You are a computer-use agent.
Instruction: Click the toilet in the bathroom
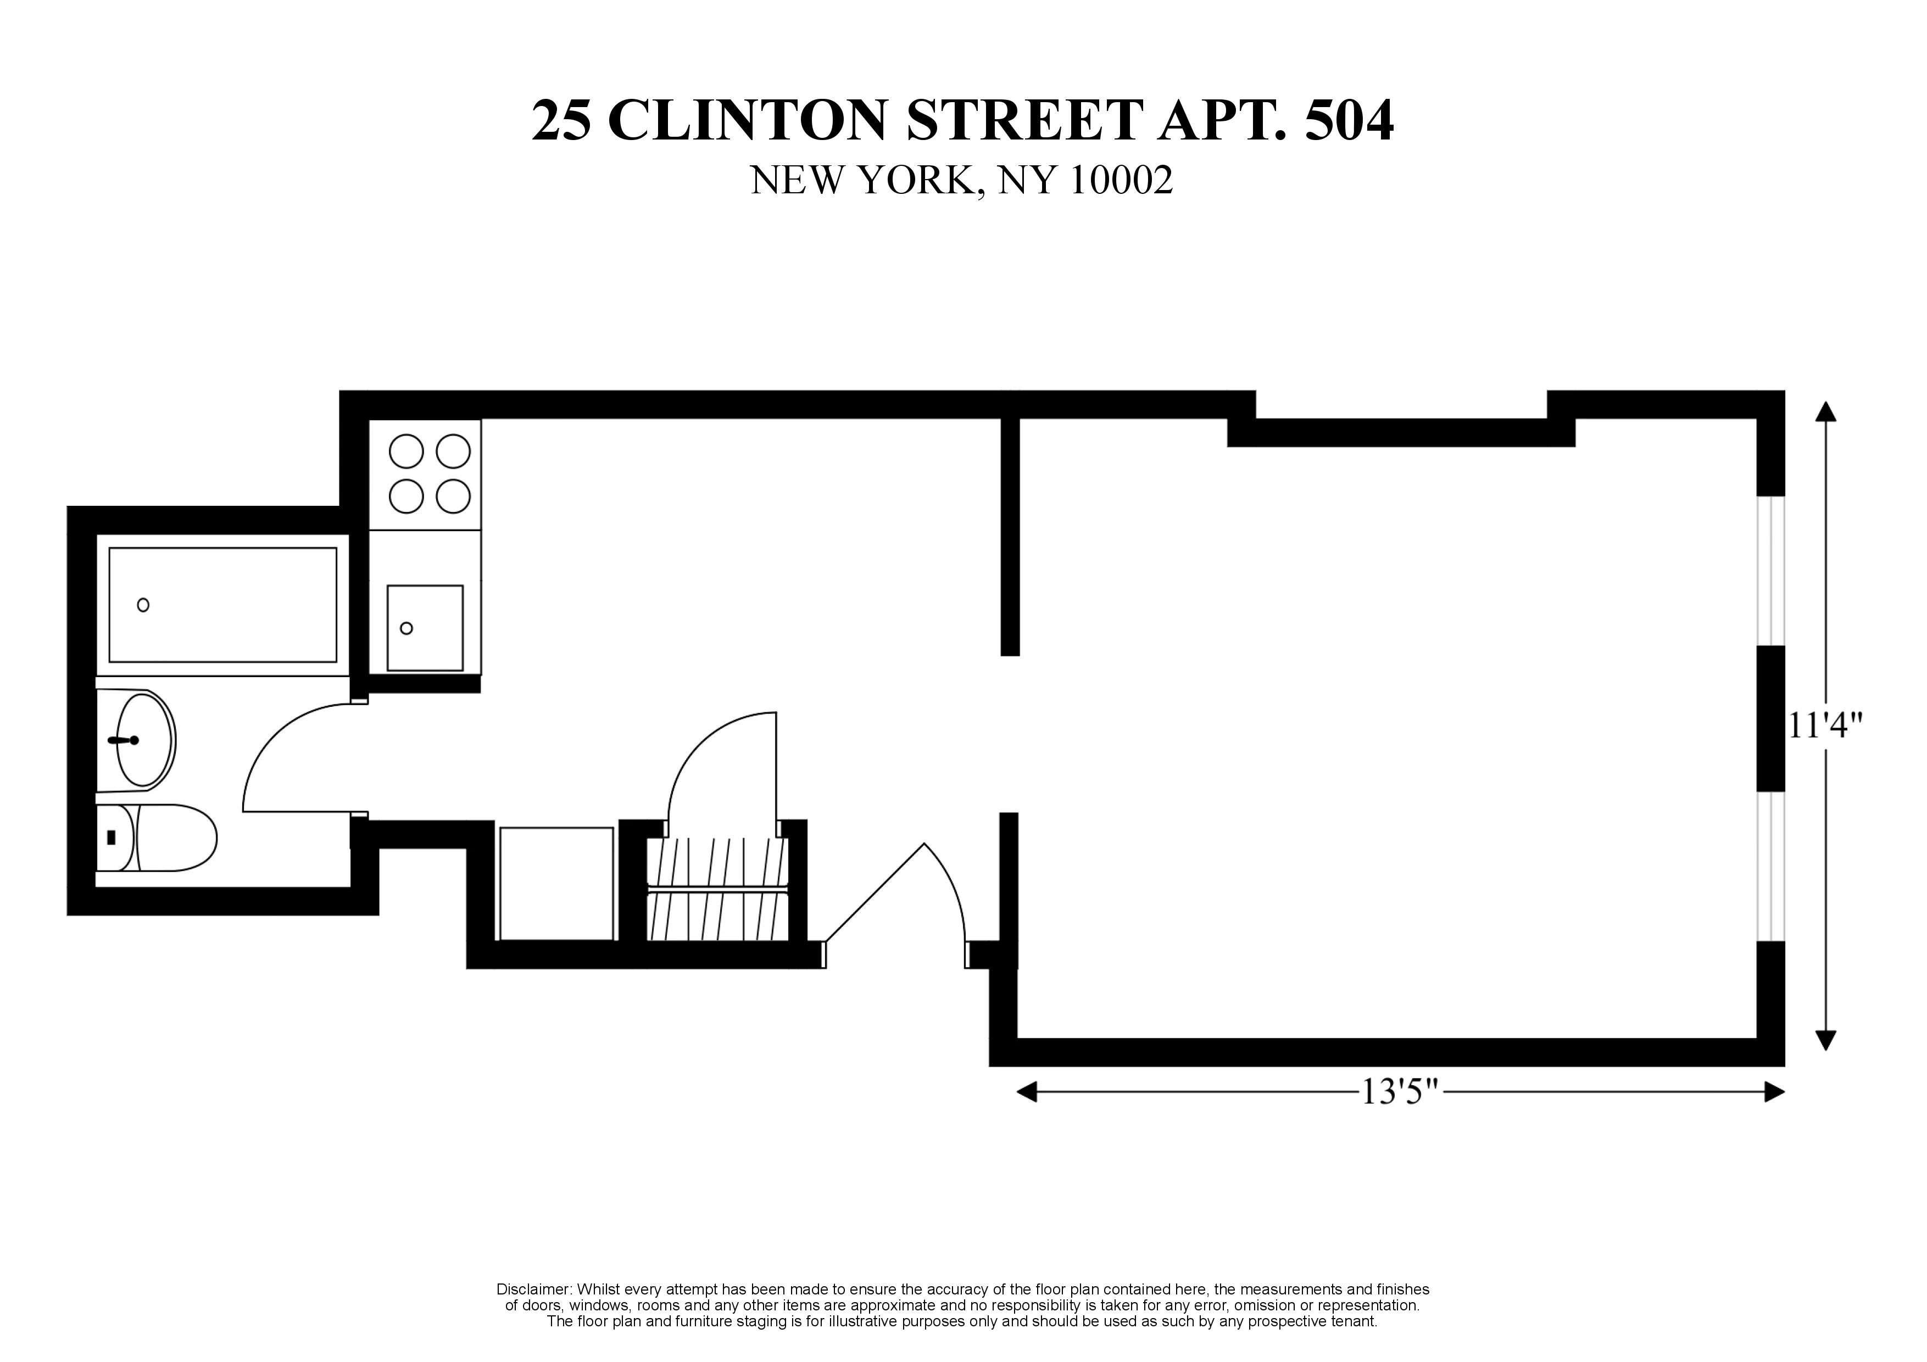159,838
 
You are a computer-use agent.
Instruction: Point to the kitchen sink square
425,628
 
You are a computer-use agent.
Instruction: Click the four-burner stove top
430,474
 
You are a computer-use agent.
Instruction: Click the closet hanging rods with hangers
719,890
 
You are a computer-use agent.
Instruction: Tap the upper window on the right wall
1771,571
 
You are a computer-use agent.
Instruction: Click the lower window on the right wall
1771,866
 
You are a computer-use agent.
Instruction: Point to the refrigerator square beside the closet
556,884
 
